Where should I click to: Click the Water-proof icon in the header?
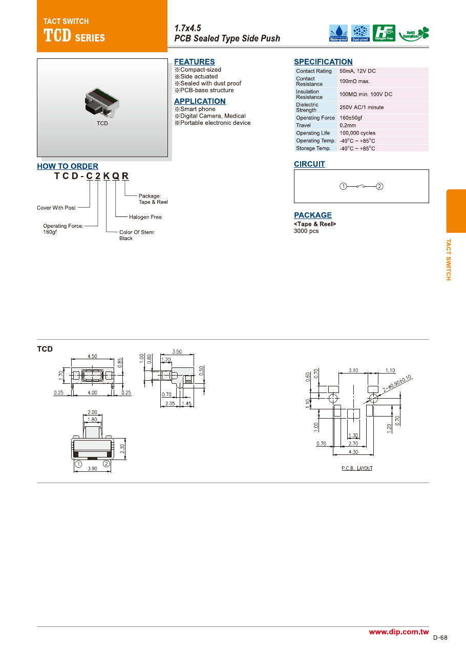tap(338, 33)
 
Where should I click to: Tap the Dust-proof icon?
tap(361, 33)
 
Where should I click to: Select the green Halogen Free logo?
tap(384, 33)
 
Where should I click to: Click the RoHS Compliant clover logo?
tap(414, 33)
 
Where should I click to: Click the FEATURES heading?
tap(195, 62)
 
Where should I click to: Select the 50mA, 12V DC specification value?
tap(357, 71)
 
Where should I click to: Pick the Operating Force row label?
tap(315, 118)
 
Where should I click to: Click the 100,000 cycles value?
tap(357, 133)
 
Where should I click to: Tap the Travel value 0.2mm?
tap(348, 125)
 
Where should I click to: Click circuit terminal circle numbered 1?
tap(344, 186)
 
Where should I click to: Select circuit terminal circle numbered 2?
tap(379, 186)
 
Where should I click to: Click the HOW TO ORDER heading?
tap(68, 166)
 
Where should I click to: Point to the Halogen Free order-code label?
tap(145, 217)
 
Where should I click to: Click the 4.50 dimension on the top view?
tap(93, 356)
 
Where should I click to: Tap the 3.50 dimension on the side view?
tap(177, 352)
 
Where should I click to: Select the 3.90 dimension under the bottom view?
tap(92, 468)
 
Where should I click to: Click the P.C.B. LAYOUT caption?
tap(357, 468)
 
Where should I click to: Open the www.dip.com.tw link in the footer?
tap(398, 632)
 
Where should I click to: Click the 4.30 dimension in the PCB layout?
tap(353, 452)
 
